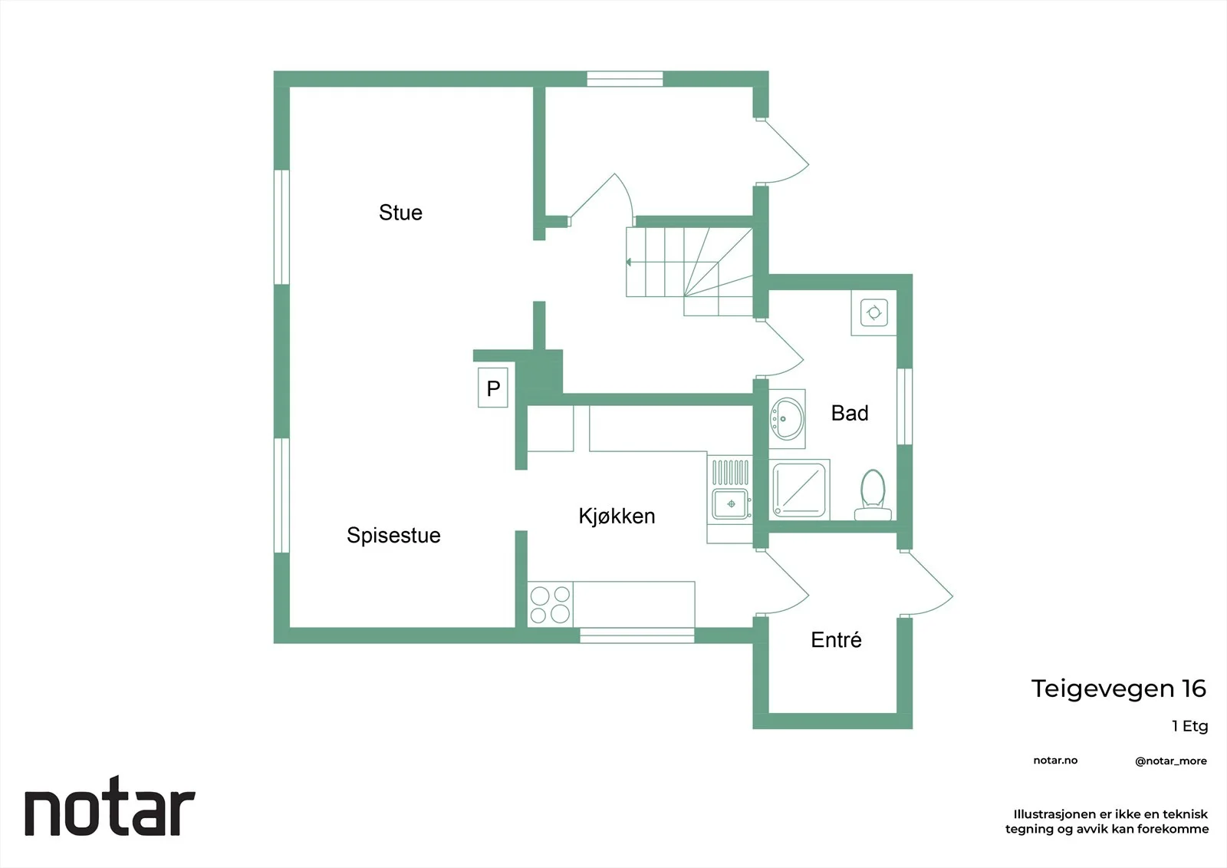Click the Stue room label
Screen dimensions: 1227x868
click(x=400, y=213)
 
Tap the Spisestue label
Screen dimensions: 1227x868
click(x=393, y=536)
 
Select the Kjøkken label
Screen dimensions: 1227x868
click(x=617, y=517)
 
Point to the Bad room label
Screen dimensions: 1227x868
click(x=850, y=413)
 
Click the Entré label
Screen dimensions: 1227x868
click(x=836, y=639)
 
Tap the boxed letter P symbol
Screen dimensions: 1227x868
click(x=493, y=388)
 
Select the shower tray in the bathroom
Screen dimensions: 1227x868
click(x=799, y=490)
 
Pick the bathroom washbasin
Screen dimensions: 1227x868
click(x=787, y=419)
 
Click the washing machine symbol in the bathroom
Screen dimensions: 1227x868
click(x=873, y=312)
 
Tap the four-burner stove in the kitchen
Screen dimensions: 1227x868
click(x=550, y=604)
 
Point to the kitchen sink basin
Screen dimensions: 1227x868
click(x=730, y=503)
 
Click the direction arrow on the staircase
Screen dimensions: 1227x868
click(x=628, y=262)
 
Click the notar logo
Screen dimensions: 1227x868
click(x=110, y=806)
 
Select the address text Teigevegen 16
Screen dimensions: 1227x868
click(x=1119, y=688)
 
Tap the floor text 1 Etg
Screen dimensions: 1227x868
click(x=1189, y=727)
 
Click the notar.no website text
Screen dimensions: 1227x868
click(x=1055, y=761)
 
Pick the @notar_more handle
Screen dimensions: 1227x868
click(x=1170, y=761)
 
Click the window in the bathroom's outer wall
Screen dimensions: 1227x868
click(x=904, y=406)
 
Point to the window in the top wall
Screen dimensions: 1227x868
click(x=625, y=79)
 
